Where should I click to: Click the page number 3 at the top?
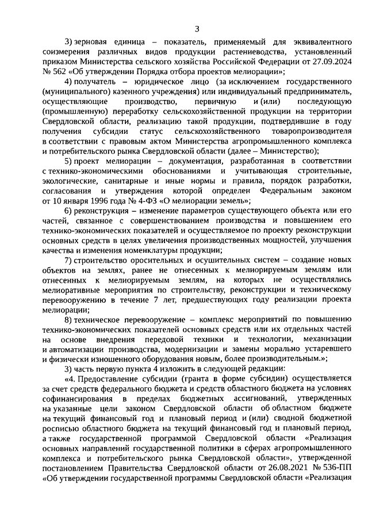197,29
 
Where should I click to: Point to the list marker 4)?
70,83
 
